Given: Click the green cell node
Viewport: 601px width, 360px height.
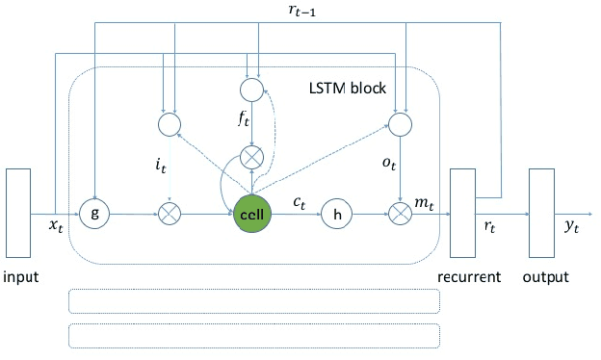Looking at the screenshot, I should tap(251, 212).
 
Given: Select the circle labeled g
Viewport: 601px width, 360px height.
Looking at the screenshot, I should tap(94, 212).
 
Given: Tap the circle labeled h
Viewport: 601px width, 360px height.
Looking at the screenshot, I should tap(336, 212).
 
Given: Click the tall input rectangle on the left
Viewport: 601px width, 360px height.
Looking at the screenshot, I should tap(19, 213).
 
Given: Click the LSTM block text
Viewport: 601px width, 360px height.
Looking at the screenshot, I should tap(350, 89).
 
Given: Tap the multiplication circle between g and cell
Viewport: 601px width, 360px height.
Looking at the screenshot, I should tap(170, 212).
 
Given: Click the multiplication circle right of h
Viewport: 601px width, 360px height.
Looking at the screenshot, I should tap(399, 212).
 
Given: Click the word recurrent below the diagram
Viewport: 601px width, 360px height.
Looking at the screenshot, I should tap(468, 277).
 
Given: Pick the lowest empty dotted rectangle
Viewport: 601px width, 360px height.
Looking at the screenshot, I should tap(254, 334).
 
